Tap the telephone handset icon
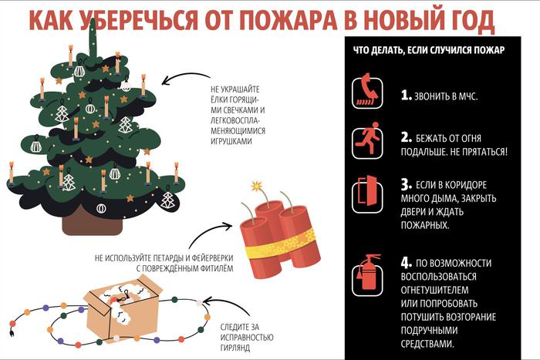[x=368, y=92]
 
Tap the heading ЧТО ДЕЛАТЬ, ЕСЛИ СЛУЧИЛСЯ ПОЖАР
[x=429, y=51]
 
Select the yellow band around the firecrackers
[x=279, y=246]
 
